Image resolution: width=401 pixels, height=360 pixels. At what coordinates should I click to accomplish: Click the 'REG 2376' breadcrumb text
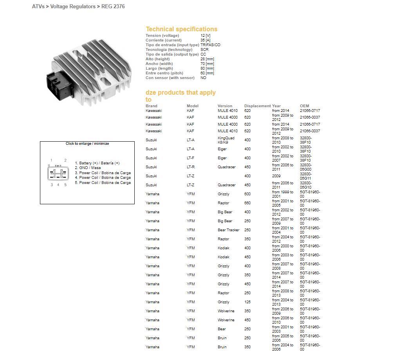pyautogui.click(x=113, y=7)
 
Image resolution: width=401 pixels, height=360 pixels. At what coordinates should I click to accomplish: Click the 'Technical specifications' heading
pyautogui.click(x=181, y=29)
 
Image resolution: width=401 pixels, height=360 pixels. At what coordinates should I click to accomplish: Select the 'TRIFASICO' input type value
pyautogui.click(x=210, y=45)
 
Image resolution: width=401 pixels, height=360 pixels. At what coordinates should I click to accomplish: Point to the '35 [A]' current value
pyautogui.click(x=205, y=40)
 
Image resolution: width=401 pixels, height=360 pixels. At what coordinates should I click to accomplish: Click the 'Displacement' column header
pyautogui.click(x=257, y=106)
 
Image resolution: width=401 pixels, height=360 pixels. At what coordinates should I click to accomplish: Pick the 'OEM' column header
pyautogui.click(x=304, y=106)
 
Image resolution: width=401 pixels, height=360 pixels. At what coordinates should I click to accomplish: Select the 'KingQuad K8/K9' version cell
pyautogui.click(x=226, y=140)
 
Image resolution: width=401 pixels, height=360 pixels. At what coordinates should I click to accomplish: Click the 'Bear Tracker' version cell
pyautogui.click(x=228, y=230)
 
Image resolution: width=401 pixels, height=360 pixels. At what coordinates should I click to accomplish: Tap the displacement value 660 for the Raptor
pyautogui.click(x=247, y=203)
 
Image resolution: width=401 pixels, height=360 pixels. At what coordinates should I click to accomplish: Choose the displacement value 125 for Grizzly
pyautogui.click(x=247, y=302)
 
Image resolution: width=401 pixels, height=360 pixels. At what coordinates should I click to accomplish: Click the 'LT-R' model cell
pyautogui.click(x=191, y=167)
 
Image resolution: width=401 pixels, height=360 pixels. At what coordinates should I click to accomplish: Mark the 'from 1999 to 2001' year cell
pyautogui.click(x=282, y=194)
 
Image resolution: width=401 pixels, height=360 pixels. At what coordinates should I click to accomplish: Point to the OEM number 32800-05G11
pyautogui.click(x=306, y=176)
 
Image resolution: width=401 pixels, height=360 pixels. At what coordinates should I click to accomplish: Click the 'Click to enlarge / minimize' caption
pyautogui.click(x=87, y=144)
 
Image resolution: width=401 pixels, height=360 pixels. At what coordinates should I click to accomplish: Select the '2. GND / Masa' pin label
pyautogui.click(x=90, y=168)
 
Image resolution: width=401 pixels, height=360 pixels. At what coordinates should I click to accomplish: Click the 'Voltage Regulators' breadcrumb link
pyautogui.click(x=73, y=7)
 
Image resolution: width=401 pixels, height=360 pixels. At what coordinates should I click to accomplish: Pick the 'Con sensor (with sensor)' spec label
pyautogui.click(x=170, y=78)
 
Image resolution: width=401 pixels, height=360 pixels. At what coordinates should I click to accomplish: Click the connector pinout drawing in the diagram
pyautogui.click(x=58, y=172)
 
